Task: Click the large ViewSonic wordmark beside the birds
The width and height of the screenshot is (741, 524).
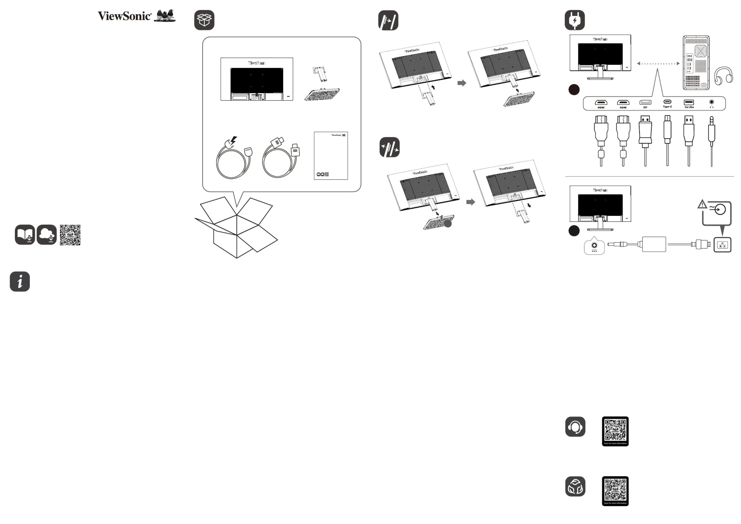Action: pyautogui.click(x=124, y=16)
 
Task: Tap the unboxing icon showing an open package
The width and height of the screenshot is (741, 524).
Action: pyautogui.click(x=204, y=20)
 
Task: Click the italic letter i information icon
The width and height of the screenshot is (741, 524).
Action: pyautogui.click(x=20, y=281)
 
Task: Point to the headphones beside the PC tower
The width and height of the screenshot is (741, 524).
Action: pyautogui.click(x=723, y=76)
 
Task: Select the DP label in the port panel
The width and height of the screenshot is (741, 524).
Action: pyautogui.click(x=645, y=107)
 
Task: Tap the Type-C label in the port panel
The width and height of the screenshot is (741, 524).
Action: pyautogui.click(x=667, y=106)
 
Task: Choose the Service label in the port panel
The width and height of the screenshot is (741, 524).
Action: pyautogui.click(x=689, y=107)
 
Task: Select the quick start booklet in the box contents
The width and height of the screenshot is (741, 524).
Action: pyautogui.click(x=331, y=156)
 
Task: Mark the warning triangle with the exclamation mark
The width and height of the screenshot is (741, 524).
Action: pyautogui.click(x=702, y=204)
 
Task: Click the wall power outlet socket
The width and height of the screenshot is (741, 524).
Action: pyautogui.click(x=722, y=245)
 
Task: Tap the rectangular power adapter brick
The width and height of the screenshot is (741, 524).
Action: pyautogui.click(x=654, y=244)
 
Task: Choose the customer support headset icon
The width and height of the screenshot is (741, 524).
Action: pyautogui.click(x=575, y=427)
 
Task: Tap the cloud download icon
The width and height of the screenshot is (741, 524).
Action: pyautogui.click(x=46, y=235)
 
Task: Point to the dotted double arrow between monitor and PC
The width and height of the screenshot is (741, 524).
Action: pyautogui.click(x=658, y=63)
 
